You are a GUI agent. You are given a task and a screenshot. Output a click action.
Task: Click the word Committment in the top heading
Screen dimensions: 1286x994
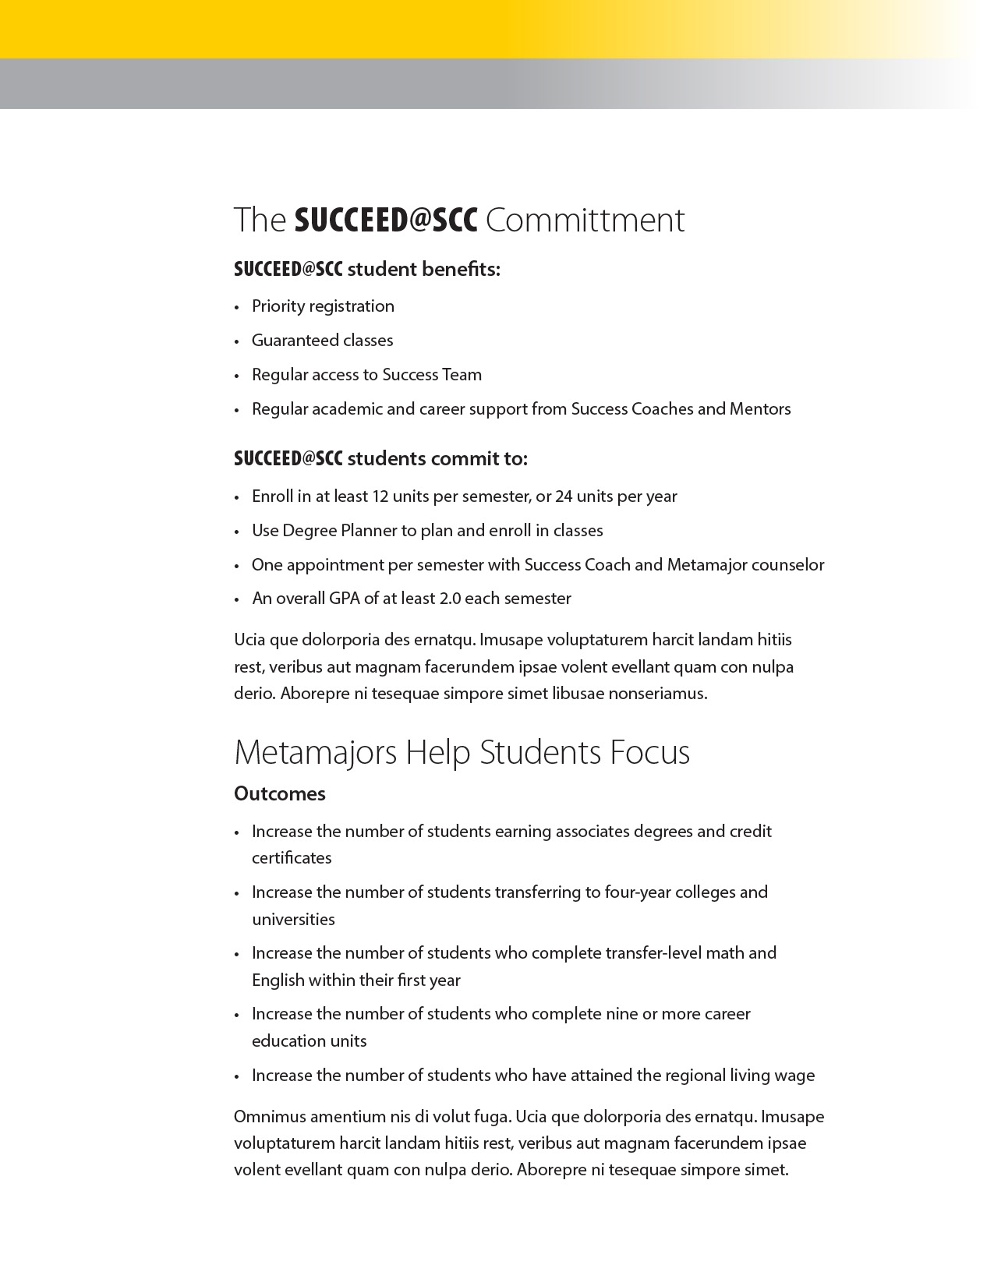pyautogui.click(x=585, y=221)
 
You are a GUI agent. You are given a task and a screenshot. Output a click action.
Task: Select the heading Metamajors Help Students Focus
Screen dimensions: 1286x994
pyautogui.click(x=462, y=753)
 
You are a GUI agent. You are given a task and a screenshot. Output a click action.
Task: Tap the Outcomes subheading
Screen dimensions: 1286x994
pyautogui.click(x=280, y=794)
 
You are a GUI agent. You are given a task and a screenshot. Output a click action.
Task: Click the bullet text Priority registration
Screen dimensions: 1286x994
pyautogui.click(x=323, y=306)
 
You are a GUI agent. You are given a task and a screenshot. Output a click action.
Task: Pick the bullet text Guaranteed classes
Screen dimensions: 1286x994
pyautogui.click(x=322, y=341)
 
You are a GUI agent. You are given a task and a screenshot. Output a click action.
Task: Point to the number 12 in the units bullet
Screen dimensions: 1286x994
pyautogui.click(x=380, y=496)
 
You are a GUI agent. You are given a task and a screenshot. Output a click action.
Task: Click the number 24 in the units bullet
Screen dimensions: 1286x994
pyautogui.click(x=564, y=496)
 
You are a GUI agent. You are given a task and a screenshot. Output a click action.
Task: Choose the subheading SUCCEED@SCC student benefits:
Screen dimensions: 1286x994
pyautogui.click(x=366, y=270)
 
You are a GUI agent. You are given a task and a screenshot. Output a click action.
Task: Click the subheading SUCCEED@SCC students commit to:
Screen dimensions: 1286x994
pyautogui.click(x=380, y=459)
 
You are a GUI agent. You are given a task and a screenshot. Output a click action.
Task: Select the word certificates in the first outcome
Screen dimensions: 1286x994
pyautogui.click(x=292, y=858)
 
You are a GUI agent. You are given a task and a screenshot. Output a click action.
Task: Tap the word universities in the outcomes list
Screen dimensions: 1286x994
pyautogui.click(x=293, y=920)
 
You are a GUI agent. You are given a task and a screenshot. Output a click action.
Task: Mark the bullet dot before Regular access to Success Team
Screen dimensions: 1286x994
pyautogui.click(x=237, y=376)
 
